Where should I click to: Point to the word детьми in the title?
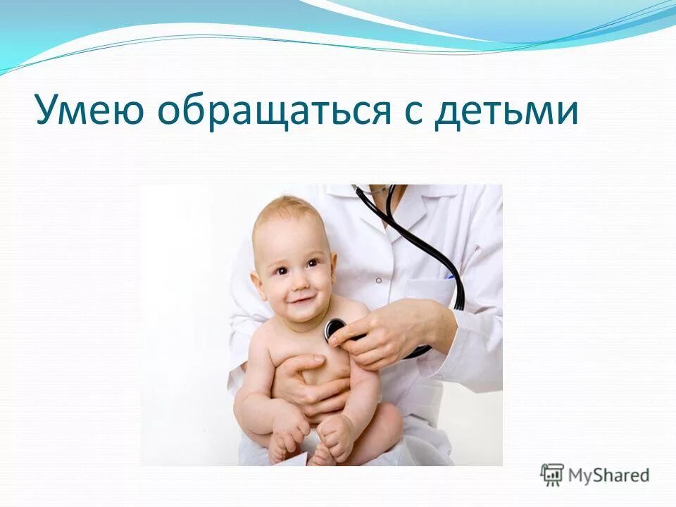[505, 113]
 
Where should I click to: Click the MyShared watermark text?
[609, 475]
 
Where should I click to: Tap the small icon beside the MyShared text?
[553, 474]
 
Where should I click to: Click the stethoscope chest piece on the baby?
[335, 329]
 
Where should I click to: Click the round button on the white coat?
[378, 280]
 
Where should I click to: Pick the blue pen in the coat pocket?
[449, 277]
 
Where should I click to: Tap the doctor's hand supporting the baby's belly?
[310, 380]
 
